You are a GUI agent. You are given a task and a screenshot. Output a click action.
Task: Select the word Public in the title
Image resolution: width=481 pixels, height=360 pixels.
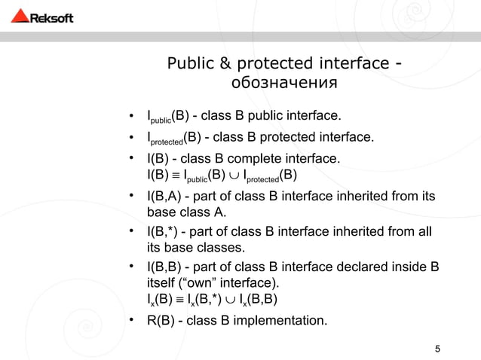[x=192, y=61]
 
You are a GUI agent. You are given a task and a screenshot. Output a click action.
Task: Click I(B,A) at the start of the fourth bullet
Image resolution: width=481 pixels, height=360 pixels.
[x=165, y=197]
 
